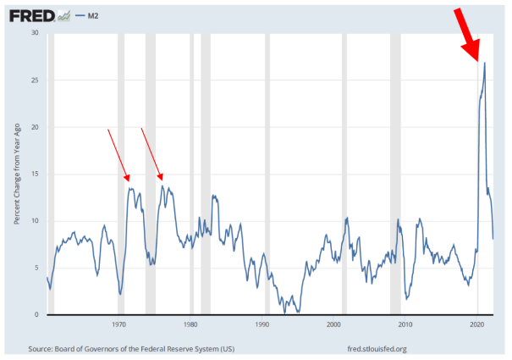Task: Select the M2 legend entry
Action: [96, 15]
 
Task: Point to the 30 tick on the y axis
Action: [35, 33]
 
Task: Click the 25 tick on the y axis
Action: [35, 80]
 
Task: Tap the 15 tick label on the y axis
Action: [35, 174]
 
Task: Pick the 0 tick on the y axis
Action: [37, 315]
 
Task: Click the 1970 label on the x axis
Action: [118, 324]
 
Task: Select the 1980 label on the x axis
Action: [190, 324]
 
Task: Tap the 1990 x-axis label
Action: [262, 324]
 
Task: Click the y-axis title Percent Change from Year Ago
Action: [16, 174]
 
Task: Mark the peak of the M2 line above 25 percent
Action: [484, 63]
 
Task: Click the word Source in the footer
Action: [42, 348]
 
